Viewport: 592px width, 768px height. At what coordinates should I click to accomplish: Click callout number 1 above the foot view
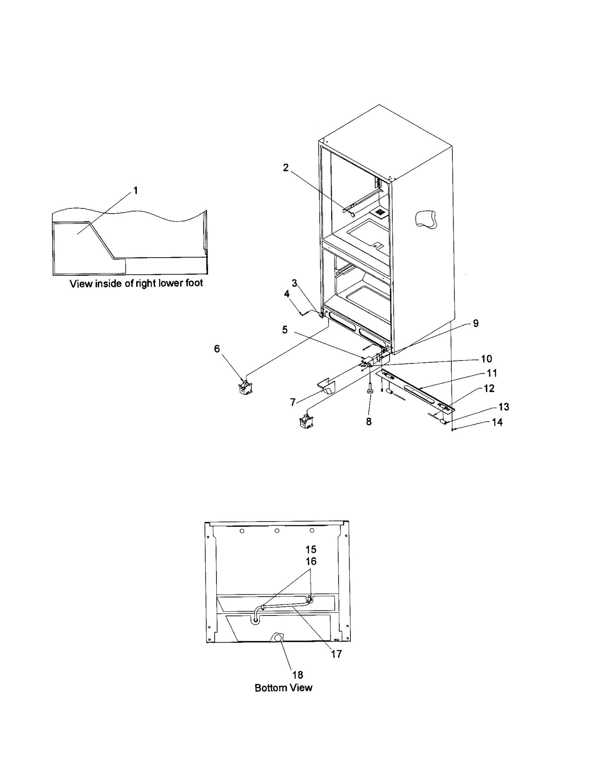[x=135, y=191]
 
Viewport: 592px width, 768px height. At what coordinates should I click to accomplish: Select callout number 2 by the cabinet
[x=286, y=168]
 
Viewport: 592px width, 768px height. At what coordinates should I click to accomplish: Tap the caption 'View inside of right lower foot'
[x=136, y=284]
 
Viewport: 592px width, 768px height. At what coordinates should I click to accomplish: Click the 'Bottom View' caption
[x=283, y=688]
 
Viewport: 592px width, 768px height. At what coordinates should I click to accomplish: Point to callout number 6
[x=217, y=349]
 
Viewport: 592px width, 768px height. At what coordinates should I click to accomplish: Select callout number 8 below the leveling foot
[x=369, y=422]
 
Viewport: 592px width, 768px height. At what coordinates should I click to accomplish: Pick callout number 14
[x=497, y=422]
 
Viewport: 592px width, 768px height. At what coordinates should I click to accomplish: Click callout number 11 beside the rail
[x=492, y=373]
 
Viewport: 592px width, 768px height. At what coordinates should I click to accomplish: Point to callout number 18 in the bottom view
[x=297, y=675]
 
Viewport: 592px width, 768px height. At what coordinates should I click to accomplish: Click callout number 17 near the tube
[x=336, y=654]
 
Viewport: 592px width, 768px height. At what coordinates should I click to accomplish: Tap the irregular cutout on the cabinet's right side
[x=426, y=219]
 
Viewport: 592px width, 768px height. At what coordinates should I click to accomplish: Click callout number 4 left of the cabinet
[x=287, y=294]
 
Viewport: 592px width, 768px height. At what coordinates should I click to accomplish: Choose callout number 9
[x=476, y=323]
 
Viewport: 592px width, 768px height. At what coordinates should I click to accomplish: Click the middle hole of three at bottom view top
[x=277, y=530]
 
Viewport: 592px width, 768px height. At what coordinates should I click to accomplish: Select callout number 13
[x=504, y=407]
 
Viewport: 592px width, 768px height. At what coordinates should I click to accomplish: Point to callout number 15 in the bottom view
[x=311, y=549]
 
